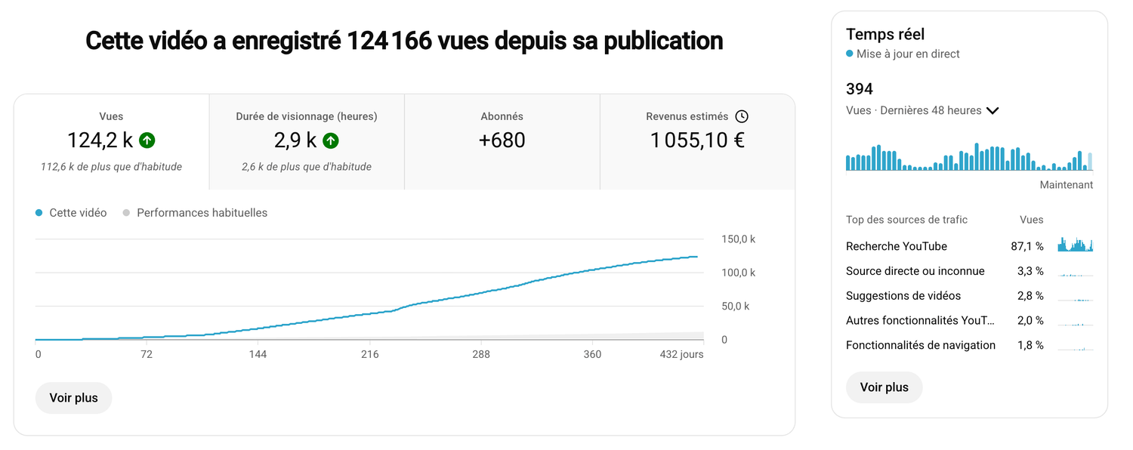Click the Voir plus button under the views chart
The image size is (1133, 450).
pyautogui.click(x=73, y=398)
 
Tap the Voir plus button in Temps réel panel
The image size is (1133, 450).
pyautogui.click(x=884, y=387)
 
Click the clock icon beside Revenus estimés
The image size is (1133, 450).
pyautogui.click(x=742, y=116)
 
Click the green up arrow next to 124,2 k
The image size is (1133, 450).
pyautogui.click(x=147, y=140)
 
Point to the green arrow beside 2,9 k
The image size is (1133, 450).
pyautogui.click(x=331, y=140)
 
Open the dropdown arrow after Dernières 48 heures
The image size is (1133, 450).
pyautogui.click(x=993, y=111)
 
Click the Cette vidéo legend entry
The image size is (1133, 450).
pyautogui.click(x=71, y=213)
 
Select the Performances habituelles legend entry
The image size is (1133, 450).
pyautogui.click(x=195, y=213)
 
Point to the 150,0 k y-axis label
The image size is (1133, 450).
pyautogui.click(x=738, y=239)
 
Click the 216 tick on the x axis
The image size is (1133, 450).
pyautogui.click(x=370, y=354)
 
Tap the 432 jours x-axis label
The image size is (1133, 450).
pyautogui.click(x=681, y=354)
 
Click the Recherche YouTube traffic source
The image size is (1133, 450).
pyautogui.click(x=897, y=246)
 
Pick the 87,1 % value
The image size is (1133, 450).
pyautogui.click(x=1027, y=246)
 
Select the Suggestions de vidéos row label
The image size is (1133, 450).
pyautogui.click(x=903, y=296)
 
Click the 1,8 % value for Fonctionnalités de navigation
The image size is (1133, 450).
pyautogui.click(x=1030, y=345)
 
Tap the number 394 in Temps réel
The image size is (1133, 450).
pyautogui.click(x=860, y=89)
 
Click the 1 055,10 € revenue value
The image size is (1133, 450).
pyautogui.click(x=697, y=140)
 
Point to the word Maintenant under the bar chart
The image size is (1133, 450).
pyautogui.click(x=1067, y=185)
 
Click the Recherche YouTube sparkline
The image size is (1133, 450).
pyautogui.click(x=1076, y=244)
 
